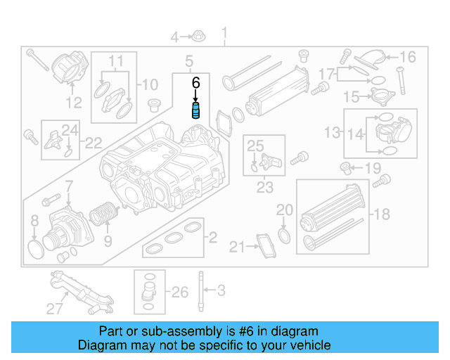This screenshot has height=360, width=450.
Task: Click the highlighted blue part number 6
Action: (198, 112)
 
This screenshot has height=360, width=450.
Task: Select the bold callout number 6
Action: (197, 82)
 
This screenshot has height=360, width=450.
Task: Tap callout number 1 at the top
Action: (225, 33)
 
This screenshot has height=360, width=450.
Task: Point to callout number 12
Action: (75, 103)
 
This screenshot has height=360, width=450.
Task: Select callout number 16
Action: (408, 57)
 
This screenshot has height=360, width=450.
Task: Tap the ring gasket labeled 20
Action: (283, 234)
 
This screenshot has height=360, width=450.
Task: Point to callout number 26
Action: (180, 291)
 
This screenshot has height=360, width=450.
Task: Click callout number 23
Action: (264, 188)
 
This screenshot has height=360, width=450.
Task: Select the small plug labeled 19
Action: (346, 167)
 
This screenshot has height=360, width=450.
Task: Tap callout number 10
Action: (150, 86)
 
